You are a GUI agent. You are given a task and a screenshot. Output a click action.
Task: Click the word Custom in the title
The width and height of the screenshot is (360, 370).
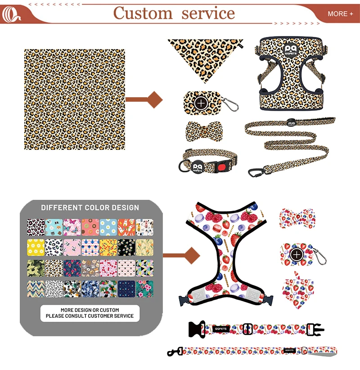coord(143,13)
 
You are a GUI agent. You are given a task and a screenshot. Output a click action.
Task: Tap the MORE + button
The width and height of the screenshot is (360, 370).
coord(340,14)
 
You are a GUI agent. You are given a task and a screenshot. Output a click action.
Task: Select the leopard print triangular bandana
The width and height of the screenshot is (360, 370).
coord(205,56)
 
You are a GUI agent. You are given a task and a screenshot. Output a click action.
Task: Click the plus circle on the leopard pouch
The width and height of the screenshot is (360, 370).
coord(201,103)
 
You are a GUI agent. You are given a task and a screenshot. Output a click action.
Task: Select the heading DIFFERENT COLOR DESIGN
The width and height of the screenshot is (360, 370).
coord(90,208)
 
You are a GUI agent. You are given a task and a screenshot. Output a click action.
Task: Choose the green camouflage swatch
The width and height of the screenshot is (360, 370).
coord(36,268)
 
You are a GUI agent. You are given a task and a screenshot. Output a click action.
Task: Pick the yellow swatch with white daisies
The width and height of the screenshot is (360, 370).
coord(36,247)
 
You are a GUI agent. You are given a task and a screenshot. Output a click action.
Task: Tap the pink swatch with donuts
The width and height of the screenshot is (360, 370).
coord(90,227)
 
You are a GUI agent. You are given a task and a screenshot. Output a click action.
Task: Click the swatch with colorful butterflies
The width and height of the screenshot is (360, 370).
coord(72,227)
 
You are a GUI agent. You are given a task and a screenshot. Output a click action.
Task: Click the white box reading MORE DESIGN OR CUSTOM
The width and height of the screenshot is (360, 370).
coord(90,313)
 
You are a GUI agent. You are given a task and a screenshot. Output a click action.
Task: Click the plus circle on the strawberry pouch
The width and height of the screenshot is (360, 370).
coord(296,255)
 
